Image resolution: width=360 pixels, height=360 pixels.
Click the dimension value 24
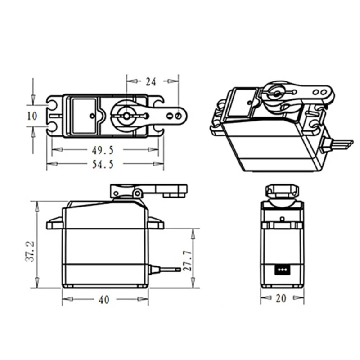point(151,81)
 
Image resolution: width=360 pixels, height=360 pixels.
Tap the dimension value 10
point(32,116)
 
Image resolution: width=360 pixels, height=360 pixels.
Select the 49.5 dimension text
point(103,149)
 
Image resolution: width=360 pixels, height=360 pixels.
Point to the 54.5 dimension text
point(103,164)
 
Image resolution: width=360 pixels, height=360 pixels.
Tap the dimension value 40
point(104,299)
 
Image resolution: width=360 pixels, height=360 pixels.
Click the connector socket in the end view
point(282,270)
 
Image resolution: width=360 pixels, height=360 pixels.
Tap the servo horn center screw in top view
point(126,116)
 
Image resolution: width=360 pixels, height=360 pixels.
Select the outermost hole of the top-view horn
point(179,116)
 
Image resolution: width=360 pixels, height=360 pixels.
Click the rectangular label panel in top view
point(84,116)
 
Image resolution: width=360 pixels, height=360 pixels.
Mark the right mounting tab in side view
point(156,222)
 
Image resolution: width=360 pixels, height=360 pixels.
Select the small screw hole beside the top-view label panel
point(93,116)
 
